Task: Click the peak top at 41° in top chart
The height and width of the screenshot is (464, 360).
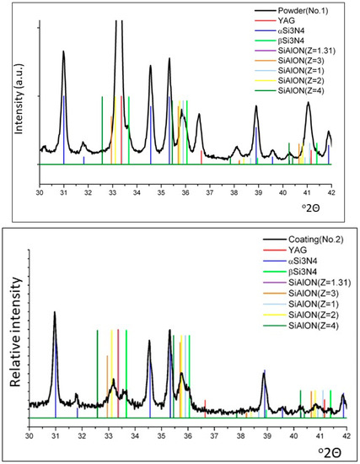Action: [x=309, y=102]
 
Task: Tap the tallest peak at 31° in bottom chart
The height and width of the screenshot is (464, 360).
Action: [x=55, y=312]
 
